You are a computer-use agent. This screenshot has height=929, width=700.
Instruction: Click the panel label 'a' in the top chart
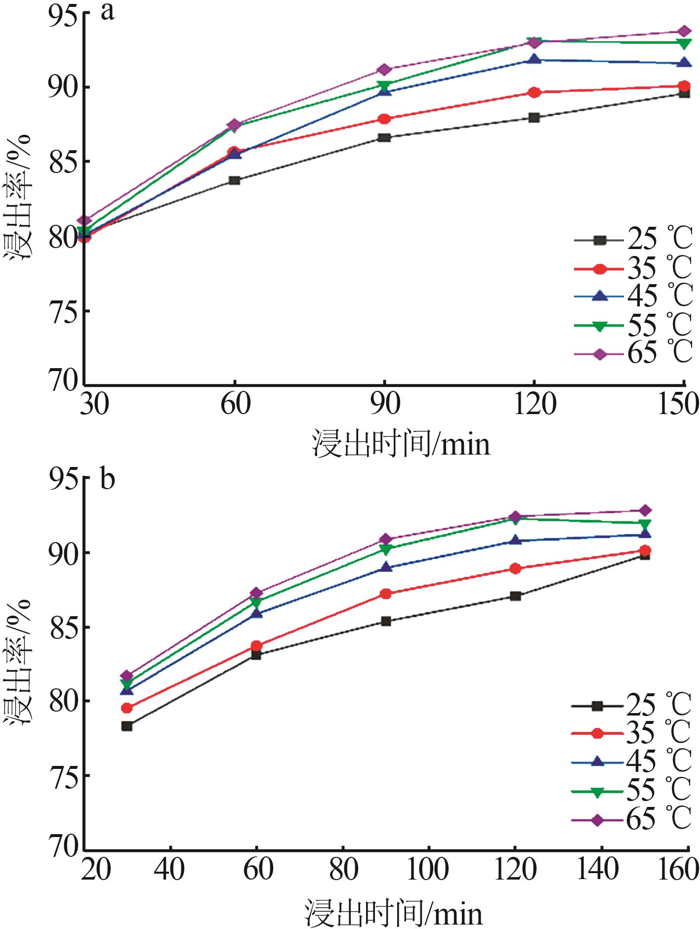tap(108, 12)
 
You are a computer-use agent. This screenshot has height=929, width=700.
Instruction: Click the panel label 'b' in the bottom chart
tap(107, 479)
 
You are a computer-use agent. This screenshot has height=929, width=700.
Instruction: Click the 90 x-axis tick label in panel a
tap(385, 404)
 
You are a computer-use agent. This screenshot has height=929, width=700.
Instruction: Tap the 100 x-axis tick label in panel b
tap(428, 869)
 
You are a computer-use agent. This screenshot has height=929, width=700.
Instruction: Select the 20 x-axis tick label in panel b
tap(96, 869)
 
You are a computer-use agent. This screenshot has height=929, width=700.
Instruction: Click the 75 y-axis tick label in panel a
tap(63, 311)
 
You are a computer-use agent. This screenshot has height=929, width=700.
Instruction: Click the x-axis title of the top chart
tap(401, 443)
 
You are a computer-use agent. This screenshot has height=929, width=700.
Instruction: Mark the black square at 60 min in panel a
tap(235, 180)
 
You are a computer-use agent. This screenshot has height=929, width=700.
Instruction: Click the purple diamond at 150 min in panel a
tap(684, 32)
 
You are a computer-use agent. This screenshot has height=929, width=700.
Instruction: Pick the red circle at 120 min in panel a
tap(534, 92)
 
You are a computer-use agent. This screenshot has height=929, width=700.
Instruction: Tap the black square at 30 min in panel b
tap(127, 726)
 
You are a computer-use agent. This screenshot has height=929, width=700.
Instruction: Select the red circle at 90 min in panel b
tap(386, 593)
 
